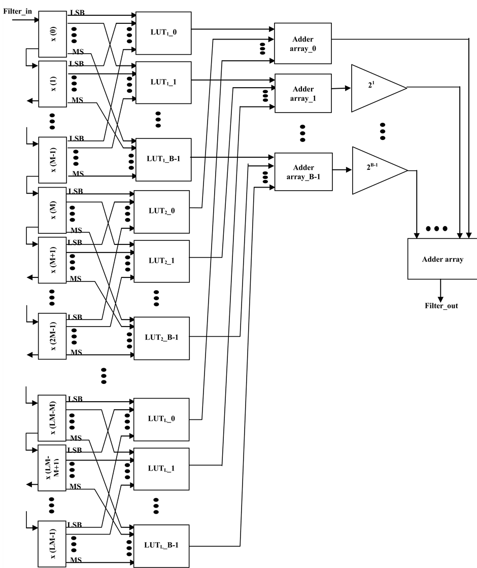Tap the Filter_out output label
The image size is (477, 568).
click(441, 306)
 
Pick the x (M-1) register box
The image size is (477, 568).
click(53, 158)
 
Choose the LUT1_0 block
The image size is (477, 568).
click(163, 32)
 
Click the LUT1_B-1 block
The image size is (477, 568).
click(163, 159)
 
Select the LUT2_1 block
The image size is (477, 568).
click(161, 261)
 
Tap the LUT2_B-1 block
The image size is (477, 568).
click(161, 337)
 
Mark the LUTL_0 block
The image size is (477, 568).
click(161, 419)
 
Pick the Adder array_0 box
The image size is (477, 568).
click(302, 43)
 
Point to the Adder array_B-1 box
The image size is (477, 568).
click(303, 171)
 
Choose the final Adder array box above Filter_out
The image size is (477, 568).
click(442, 259)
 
